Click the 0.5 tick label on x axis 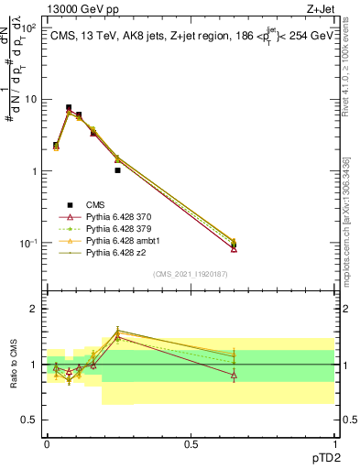click(191, 443)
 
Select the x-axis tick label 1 click(334, 443)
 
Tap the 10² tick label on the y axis click(27, 27)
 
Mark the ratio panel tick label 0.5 click(29, 420)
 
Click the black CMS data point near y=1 click(118, 170)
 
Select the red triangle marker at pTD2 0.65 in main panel click(234, 249)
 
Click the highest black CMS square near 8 click(69, 107)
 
